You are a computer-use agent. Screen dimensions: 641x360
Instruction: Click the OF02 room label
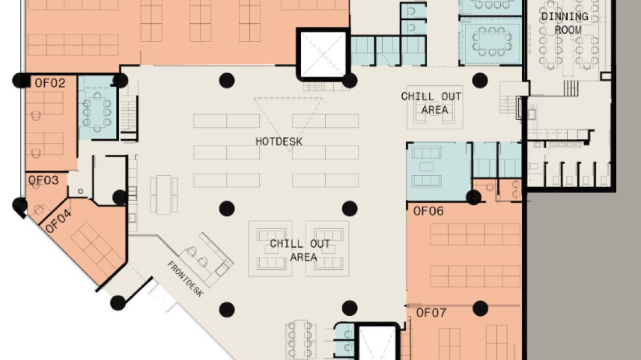coord(50,84)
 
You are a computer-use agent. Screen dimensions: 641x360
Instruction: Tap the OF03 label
coord(43,180)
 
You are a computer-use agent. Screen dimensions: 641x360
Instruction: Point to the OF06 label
coord(428,211)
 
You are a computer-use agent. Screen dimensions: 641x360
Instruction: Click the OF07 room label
coord(431,313)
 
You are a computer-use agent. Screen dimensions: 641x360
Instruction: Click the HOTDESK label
coord(279,142)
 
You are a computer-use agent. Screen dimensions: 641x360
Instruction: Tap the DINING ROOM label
coord(565,23)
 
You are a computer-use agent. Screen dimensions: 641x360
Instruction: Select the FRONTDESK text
coord(185,279)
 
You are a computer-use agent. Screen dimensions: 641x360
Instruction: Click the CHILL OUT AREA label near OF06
coord(431,103)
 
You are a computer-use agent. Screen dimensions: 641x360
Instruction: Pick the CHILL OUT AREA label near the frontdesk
coord(300,250)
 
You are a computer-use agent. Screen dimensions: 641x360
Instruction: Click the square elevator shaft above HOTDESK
coord(323,54)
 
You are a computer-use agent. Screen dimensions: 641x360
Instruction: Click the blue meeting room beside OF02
coord(98,107)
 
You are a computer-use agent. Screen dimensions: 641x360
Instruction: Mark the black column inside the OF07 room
coord(480,308)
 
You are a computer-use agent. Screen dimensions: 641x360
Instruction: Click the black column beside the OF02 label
coord(21,80)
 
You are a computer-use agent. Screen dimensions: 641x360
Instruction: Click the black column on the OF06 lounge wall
coord(474,197)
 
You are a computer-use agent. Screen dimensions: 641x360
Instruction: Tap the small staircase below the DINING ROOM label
coord(571,88)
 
